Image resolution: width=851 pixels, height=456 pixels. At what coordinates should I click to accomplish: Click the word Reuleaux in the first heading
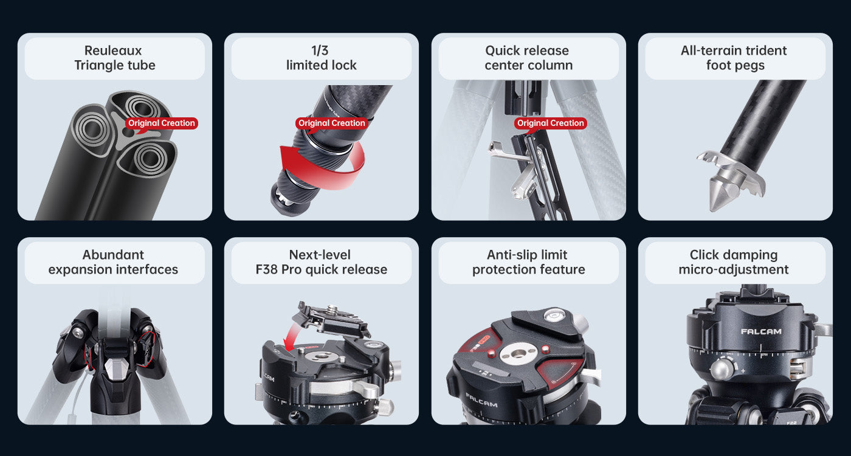tap(113, 50)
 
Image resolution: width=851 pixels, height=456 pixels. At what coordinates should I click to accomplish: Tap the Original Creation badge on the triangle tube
tap(162, 123)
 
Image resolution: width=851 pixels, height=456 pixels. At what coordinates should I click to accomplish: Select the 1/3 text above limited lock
tap(320, 50)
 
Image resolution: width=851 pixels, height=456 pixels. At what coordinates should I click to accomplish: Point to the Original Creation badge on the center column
tap(551, 123)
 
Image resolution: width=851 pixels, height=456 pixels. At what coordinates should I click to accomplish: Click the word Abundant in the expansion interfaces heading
tap(113, 255)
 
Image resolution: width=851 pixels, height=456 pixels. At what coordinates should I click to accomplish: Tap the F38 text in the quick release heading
tap(267, 269)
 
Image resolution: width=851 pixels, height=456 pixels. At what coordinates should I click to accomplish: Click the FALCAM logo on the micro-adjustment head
tap(761, 332)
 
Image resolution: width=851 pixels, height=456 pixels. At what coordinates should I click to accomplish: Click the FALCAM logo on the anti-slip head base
tap(481, 401)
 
